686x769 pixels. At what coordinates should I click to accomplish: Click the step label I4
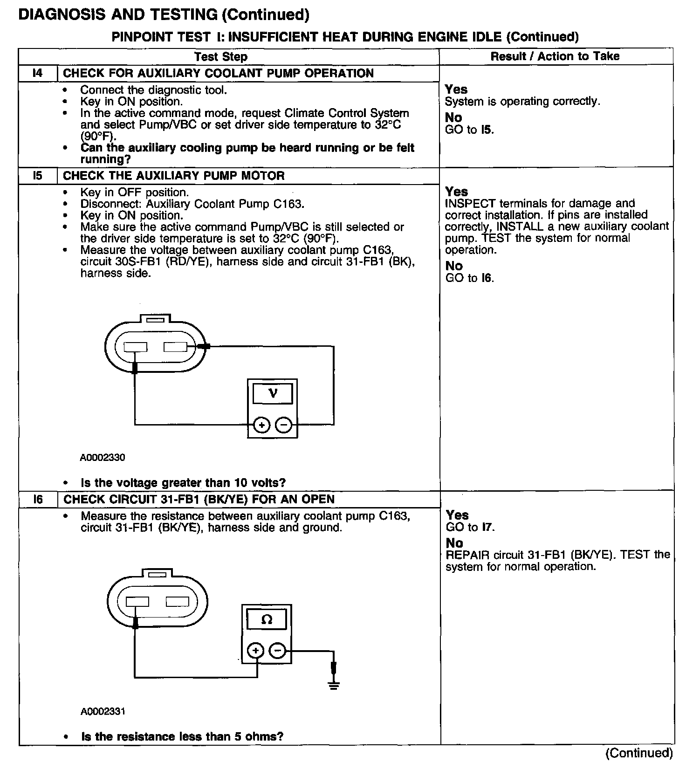tap(37, 73)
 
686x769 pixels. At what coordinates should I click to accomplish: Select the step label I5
tap(37, 176)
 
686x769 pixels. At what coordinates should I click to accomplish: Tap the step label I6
tap(38, 499)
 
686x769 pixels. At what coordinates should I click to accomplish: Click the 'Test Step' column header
tap(221, 56)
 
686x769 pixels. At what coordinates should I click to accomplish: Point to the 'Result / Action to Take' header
tap(555, 56)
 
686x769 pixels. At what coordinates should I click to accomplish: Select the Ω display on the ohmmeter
tap(267, 619)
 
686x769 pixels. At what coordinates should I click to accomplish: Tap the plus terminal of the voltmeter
tap(261, 425)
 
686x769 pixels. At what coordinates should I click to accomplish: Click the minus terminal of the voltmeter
tap(283, 425)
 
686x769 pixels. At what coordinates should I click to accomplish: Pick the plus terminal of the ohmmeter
tap(255, 651)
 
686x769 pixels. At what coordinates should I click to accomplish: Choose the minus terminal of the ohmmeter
tap(277, 651)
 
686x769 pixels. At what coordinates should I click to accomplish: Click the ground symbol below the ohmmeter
tap(333, 685)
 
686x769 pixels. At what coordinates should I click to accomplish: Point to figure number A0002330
tap(103, 458)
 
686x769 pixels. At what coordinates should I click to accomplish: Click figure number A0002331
tap(103, 712)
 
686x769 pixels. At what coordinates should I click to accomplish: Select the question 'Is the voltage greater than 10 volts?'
tap(183, 482)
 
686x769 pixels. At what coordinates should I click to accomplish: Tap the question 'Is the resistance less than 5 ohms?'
tap(182, 736)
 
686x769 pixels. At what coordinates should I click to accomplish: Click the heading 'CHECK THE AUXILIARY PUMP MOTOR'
tap(173, 176)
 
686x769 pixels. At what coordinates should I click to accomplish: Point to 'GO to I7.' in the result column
tap(470, 527)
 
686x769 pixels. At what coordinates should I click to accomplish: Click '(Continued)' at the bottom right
tap(639, 753)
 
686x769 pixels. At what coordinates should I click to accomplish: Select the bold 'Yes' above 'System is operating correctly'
tap(456, 89)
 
